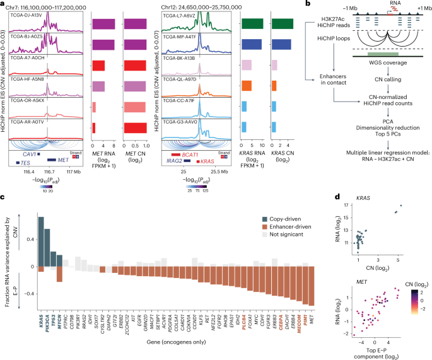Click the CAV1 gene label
(x=29, y=154)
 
